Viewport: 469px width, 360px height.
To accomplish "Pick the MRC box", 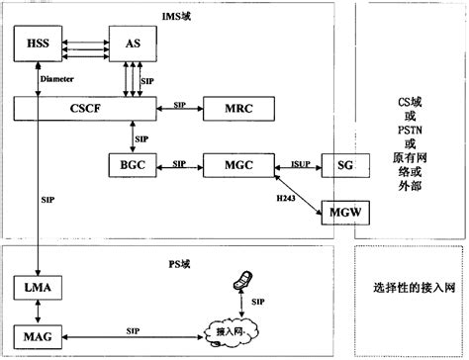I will [x=232, y=109].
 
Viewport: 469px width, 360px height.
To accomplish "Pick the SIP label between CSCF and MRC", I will [x=180, y=102].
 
